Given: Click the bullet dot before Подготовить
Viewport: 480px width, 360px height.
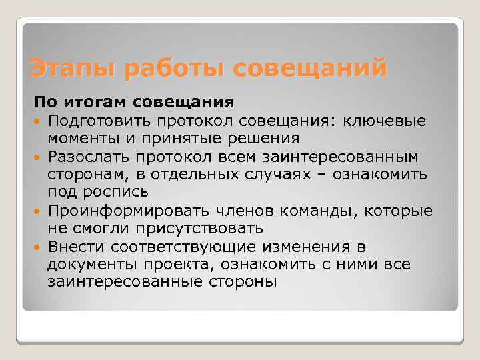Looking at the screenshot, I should [x=38, y=121].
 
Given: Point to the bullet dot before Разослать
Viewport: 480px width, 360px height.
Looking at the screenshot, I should [x=38, y=157].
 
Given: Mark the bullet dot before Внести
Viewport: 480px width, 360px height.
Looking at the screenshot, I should [x=38, y=247].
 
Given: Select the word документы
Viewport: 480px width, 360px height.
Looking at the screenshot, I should [x=89, y=265].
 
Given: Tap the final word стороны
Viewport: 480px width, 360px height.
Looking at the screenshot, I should [x=233, y=283].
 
